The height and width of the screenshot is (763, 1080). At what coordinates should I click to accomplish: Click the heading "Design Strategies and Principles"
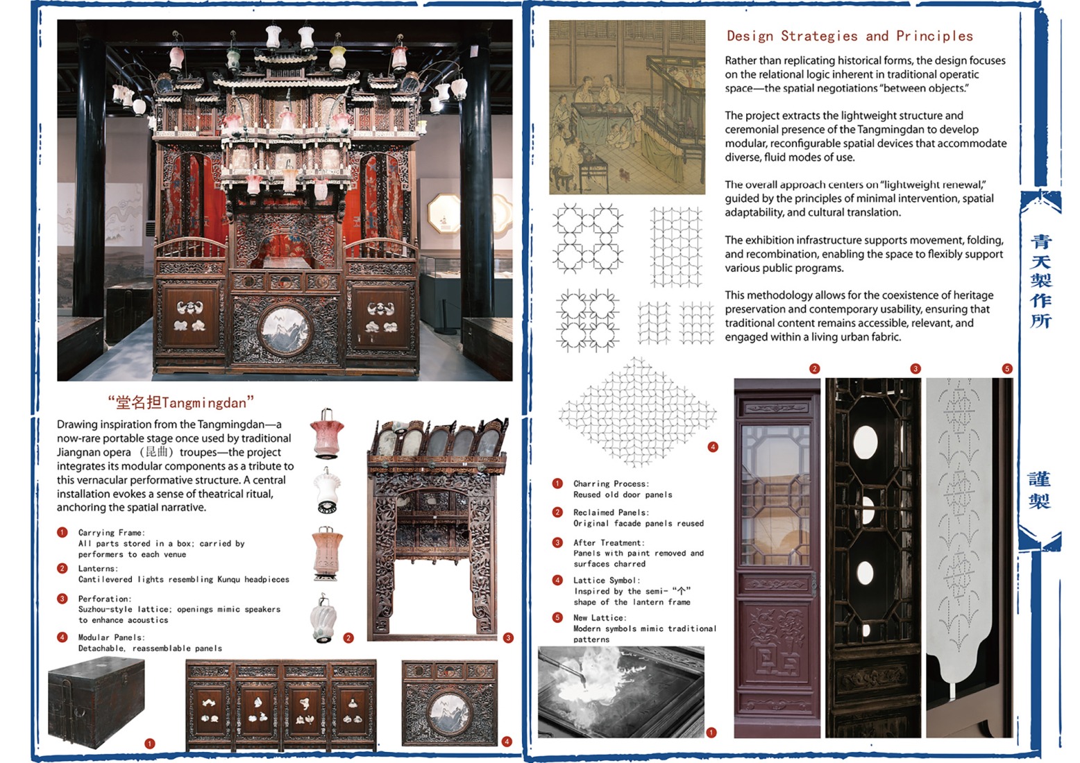pos(849,36)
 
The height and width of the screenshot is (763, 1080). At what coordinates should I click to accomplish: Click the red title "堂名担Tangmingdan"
pos(180,402)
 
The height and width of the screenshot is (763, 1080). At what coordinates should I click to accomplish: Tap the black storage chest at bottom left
pos(96,702)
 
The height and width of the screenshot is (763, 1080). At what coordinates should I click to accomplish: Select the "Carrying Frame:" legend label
pos(111,533)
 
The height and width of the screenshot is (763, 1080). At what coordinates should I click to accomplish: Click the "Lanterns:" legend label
pos(97,568)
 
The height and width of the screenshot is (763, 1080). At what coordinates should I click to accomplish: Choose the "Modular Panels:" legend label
pos(111,637)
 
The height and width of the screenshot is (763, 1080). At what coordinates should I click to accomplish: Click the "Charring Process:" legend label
pos(611,483)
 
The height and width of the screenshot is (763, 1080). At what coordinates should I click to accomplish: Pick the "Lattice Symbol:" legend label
pos(606,580)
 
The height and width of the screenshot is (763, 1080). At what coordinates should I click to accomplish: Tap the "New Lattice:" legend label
pos(599,617)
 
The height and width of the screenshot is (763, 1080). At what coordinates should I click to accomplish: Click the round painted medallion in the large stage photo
pos(285,329)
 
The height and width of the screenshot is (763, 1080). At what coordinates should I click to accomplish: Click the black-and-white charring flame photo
pos(621,692)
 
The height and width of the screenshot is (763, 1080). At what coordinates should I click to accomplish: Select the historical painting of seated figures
pos(627,107)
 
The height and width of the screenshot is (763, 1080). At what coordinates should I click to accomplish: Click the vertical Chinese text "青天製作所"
pos(1040,281)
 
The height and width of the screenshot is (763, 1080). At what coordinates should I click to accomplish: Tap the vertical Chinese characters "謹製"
pos(1039,490)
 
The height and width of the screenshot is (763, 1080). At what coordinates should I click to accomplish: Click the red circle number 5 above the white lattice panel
pos(1006,368)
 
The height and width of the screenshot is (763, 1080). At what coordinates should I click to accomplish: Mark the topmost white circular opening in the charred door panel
pos(865,443)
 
